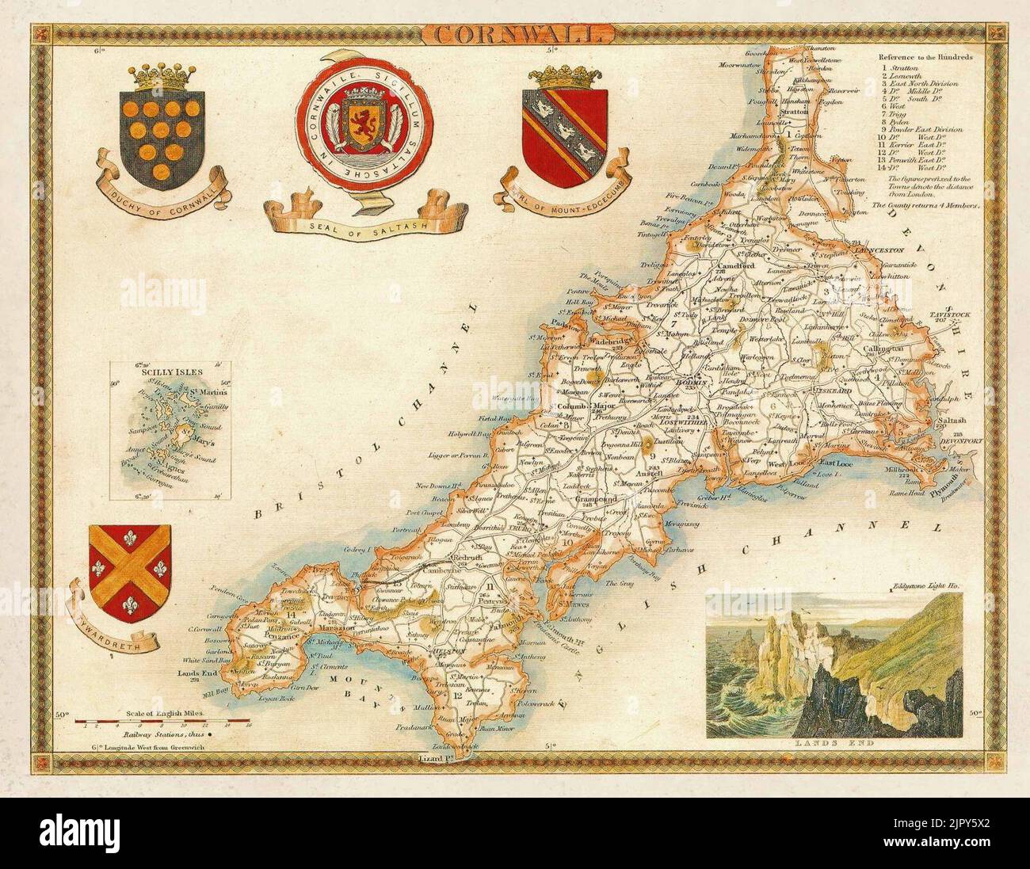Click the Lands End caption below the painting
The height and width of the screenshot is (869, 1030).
click(x=833, y=743)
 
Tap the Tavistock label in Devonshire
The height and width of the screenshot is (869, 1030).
click(x=951, y=315)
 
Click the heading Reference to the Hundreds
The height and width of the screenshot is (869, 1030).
click(x=925, y=58)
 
